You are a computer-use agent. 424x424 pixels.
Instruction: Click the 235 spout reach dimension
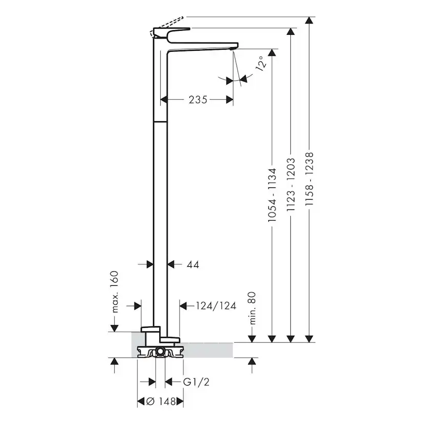pos(198,100)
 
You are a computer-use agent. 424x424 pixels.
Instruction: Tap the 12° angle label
pos(261,63)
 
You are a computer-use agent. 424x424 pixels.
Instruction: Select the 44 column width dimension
pos(193,264)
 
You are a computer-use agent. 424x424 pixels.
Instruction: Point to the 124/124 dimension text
pos(216,306)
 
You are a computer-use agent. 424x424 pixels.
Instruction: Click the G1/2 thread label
pos(196,382)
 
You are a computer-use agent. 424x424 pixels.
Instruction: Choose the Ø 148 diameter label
pos(161,401)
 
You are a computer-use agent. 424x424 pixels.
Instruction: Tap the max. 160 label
pos(115,292)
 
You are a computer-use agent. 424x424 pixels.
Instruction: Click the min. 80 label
pos(252,308)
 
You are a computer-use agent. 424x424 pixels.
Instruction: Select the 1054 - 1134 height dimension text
pos(272,195)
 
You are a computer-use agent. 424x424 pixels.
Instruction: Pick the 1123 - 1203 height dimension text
pos(291,185)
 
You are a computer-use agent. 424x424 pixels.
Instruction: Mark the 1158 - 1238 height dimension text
pos(309,179)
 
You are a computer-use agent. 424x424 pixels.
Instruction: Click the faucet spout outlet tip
pos(233,49)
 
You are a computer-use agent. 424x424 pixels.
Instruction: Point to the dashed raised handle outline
pos(167,25)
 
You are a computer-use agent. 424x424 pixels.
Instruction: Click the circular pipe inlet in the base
pos(160,351)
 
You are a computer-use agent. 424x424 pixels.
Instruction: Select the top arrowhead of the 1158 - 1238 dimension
pos(309,20)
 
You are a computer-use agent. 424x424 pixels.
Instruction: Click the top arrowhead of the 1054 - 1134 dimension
pos(272,53)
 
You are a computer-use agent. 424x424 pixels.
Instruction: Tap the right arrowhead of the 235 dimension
pos(229,100)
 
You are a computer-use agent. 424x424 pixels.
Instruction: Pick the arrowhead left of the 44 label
pos(150,264)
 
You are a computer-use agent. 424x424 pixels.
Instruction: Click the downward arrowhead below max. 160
pos(115,328)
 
